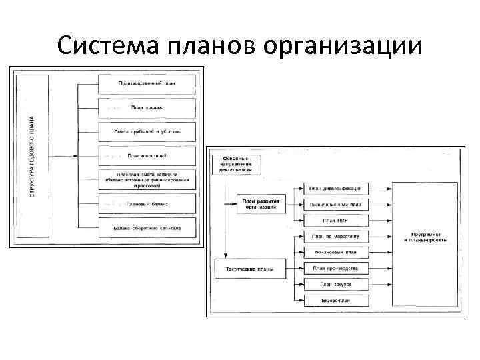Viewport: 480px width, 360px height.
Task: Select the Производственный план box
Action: (147, 84)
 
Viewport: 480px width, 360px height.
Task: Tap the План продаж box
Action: (147, 107)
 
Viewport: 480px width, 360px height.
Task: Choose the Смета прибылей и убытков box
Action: (147, 131)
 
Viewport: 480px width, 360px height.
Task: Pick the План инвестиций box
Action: (147, 155)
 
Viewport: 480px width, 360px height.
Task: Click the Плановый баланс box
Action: (147, 203)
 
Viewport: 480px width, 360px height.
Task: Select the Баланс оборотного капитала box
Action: (147, 228)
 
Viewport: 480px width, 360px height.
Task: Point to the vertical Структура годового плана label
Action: (32, 155)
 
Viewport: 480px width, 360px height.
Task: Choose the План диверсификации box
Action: (335, 189)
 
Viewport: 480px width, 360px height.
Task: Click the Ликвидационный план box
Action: (335, 205)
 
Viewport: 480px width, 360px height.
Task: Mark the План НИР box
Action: (335, 221)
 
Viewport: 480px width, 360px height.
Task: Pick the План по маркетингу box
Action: (335, 236)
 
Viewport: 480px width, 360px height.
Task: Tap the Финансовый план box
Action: (335, 253)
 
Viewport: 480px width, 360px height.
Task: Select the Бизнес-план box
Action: (335, 300)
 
